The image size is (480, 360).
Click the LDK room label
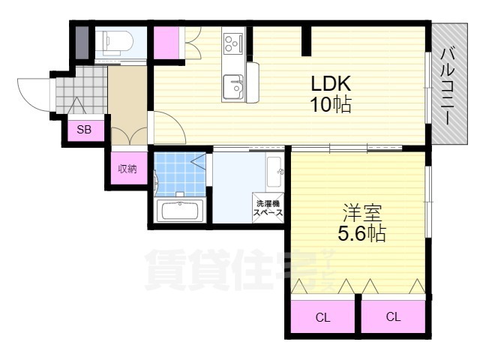click(x=331, y=83)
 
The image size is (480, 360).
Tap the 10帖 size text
click(x=331, y=104)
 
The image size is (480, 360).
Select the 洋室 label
click(x=362, y=213)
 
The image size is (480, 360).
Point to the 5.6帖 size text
click(x=361, y=234)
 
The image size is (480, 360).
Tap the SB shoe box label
click(x=84, y=130)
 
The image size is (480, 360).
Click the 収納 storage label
click(x=127, y=169)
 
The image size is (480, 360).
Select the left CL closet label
click(x=323, y=318)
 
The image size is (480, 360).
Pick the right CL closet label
click(x=393, y=316)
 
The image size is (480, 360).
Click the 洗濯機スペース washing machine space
click(x=268, y=208)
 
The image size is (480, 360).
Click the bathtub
click(x=180, y=210)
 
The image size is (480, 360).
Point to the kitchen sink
click(x=233, y=88)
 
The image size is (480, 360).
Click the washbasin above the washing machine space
click(x=274, y=172)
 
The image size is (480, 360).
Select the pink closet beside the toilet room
click(x=166, y=43)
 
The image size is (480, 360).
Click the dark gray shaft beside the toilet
click(x=82, y=43)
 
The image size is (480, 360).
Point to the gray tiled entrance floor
click(x=82, y=90)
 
